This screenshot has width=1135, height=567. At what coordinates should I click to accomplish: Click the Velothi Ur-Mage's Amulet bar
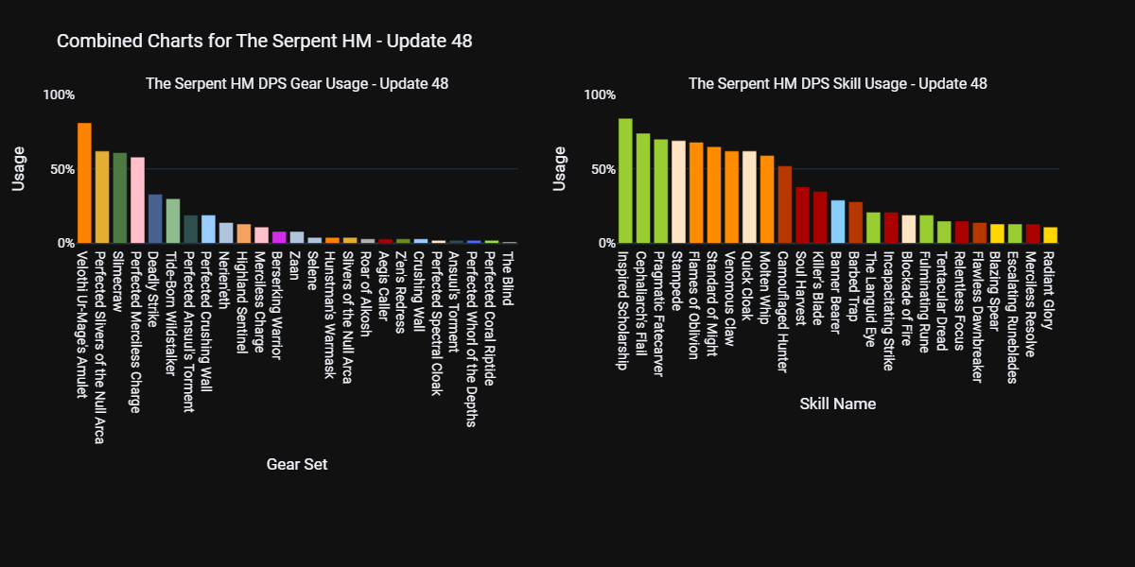(x=84, y=183)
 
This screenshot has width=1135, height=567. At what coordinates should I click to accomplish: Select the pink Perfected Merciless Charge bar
(x=137, y=200)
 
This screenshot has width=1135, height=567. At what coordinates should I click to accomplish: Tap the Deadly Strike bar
(x=155, y=219)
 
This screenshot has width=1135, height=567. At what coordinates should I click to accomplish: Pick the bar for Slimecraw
(x=120, y=198)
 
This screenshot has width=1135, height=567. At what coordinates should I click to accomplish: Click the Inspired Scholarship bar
(x=625, y=181)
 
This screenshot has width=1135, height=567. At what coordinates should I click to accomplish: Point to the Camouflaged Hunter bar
(x=784, y=205)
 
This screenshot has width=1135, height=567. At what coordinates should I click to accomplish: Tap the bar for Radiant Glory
(x=1050, y=235)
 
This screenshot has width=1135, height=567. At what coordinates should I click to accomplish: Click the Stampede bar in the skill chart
(x=678, y=192)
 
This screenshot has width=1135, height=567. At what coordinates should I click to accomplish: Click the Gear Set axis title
(x=297, y=464)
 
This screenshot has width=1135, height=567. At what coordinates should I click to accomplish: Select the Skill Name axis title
(x=837, y=404)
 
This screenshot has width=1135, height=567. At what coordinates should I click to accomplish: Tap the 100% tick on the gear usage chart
(x=59, y=94)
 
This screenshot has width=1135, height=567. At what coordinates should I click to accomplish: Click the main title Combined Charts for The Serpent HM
(x=265, y=41)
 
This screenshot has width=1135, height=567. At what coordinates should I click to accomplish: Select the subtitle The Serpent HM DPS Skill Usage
(x=837, y=83)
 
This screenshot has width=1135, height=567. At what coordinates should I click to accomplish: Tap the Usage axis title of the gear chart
(x=18, y=168)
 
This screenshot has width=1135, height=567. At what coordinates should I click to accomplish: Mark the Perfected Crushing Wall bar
(x=208, y=230)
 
